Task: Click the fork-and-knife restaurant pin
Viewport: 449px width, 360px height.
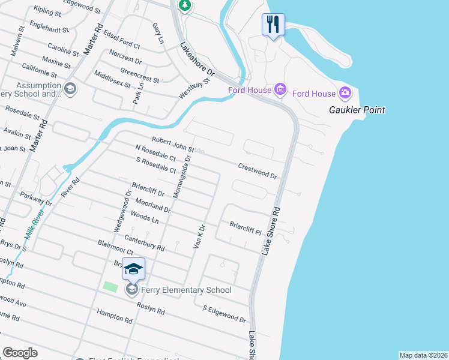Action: coord(272,25)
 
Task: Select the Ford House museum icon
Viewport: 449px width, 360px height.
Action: coord(280,90)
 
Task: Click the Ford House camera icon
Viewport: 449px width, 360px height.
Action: coord(345,93)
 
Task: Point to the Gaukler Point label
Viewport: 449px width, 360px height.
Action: coord(357,110)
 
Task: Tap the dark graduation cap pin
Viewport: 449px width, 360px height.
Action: coord(134,269)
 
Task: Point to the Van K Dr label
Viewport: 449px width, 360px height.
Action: coord(199,236)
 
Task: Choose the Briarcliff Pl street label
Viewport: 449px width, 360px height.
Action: coord(246,227)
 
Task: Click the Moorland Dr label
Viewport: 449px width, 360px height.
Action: coord(153,206)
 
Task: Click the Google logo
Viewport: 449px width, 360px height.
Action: coord(20,353)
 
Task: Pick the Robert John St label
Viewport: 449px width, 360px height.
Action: coord(173,144)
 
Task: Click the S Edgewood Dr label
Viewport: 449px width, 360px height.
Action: coord(224,314)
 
